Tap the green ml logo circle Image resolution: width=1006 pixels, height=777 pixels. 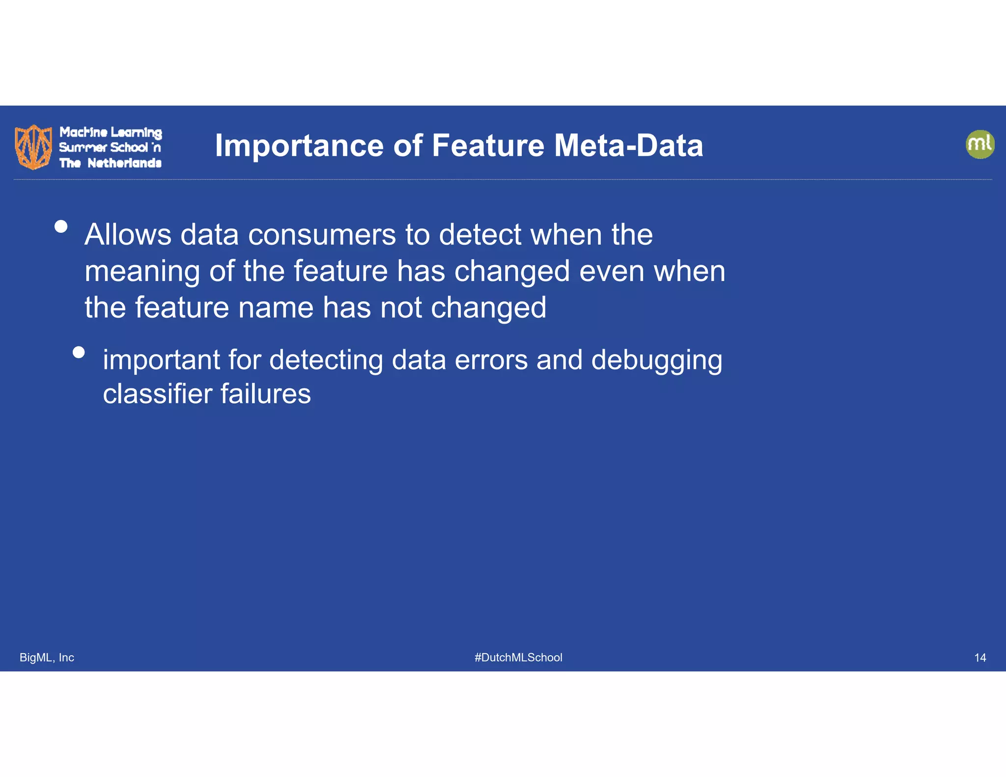(980, 144)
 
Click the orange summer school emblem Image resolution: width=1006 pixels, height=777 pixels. (33, 146)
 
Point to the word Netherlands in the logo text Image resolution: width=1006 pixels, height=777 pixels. (124, 163)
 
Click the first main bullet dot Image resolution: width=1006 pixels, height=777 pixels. (61, 226)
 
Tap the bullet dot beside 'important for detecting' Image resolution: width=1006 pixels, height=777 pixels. (79, 352)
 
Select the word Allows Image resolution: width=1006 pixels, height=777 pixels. (128, 234)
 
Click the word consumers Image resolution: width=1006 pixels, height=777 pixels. (322, 234)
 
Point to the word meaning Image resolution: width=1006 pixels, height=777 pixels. (142, 271)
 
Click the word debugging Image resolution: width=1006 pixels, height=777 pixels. (656, 361)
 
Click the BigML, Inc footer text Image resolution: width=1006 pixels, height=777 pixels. (47, 657)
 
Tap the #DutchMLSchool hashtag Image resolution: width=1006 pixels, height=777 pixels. (518, 657)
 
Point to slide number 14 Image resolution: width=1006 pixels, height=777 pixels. (979, 657)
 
